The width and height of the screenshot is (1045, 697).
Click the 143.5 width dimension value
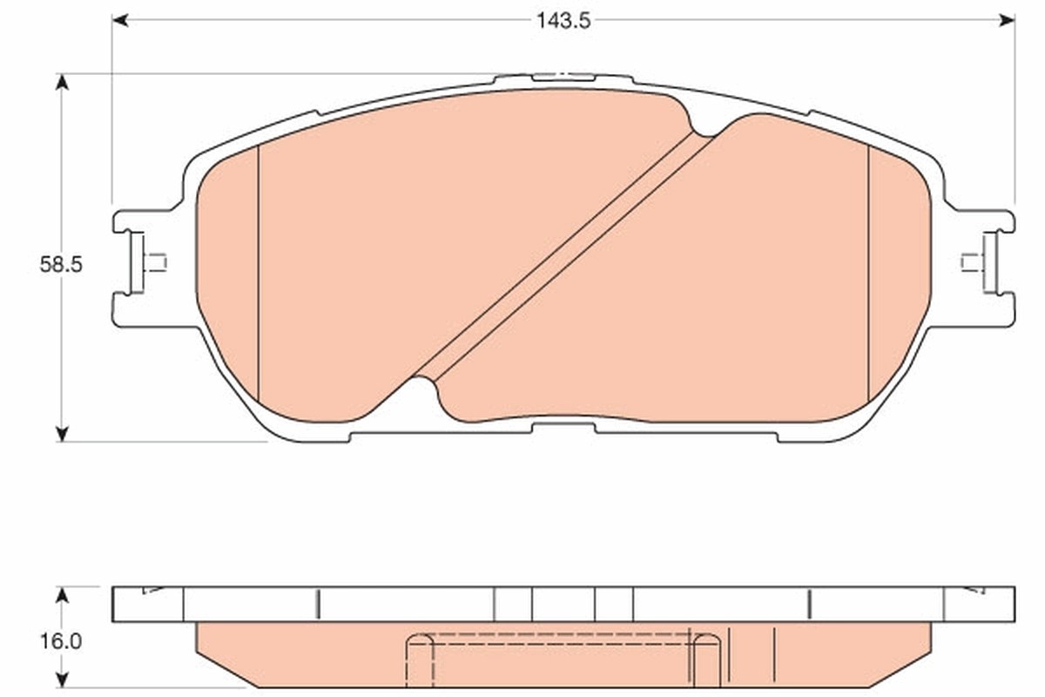563,21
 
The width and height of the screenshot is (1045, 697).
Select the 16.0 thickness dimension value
60,642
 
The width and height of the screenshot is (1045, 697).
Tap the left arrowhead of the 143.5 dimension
120,20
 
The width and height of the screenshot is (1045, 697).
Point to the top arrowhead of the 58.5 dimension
61,81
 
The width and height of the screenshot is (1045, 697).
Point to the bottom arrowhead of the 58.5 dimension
61,433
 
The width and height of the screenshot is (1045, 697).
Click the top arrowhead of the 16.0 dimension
61,594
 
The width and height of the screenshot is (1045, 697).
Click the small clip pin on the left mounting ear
156,262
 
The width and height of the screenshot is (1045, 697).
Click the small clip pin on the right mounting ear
971,262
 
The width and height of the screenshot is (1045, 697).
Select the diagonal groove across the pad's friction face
564,257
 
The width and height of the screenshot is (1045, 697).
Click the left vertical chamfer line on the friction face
260,274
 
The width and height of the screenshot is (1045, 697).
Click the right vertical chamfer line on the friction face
869,270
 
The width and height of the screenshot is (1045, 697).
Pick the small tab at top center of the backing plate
562,78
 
